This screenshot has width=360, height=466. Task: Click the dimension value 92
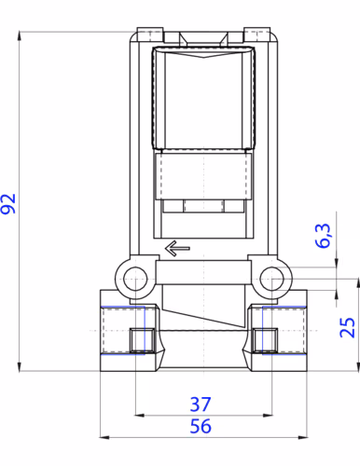coord(8,204)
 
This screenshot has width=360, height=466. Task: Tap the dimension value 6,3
coord(323,235)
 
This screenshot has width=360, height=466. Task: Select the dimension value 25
coord(347,327)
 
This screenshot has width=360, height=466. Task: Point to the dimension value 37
coord(201,404)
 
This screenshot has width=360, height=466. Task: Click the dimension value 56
coord(201,426)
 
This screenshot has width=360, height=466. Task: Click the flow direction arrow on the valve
coord(177,248)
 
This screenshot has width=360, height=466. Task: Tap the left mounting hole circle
coord(135,279)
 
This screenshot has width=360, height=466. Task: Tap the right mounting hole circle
coord(271,279)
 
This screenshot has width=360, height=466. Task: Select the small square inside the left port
coord(142,340)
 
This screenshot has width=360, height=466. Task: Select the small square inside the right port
coord(265,340)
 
